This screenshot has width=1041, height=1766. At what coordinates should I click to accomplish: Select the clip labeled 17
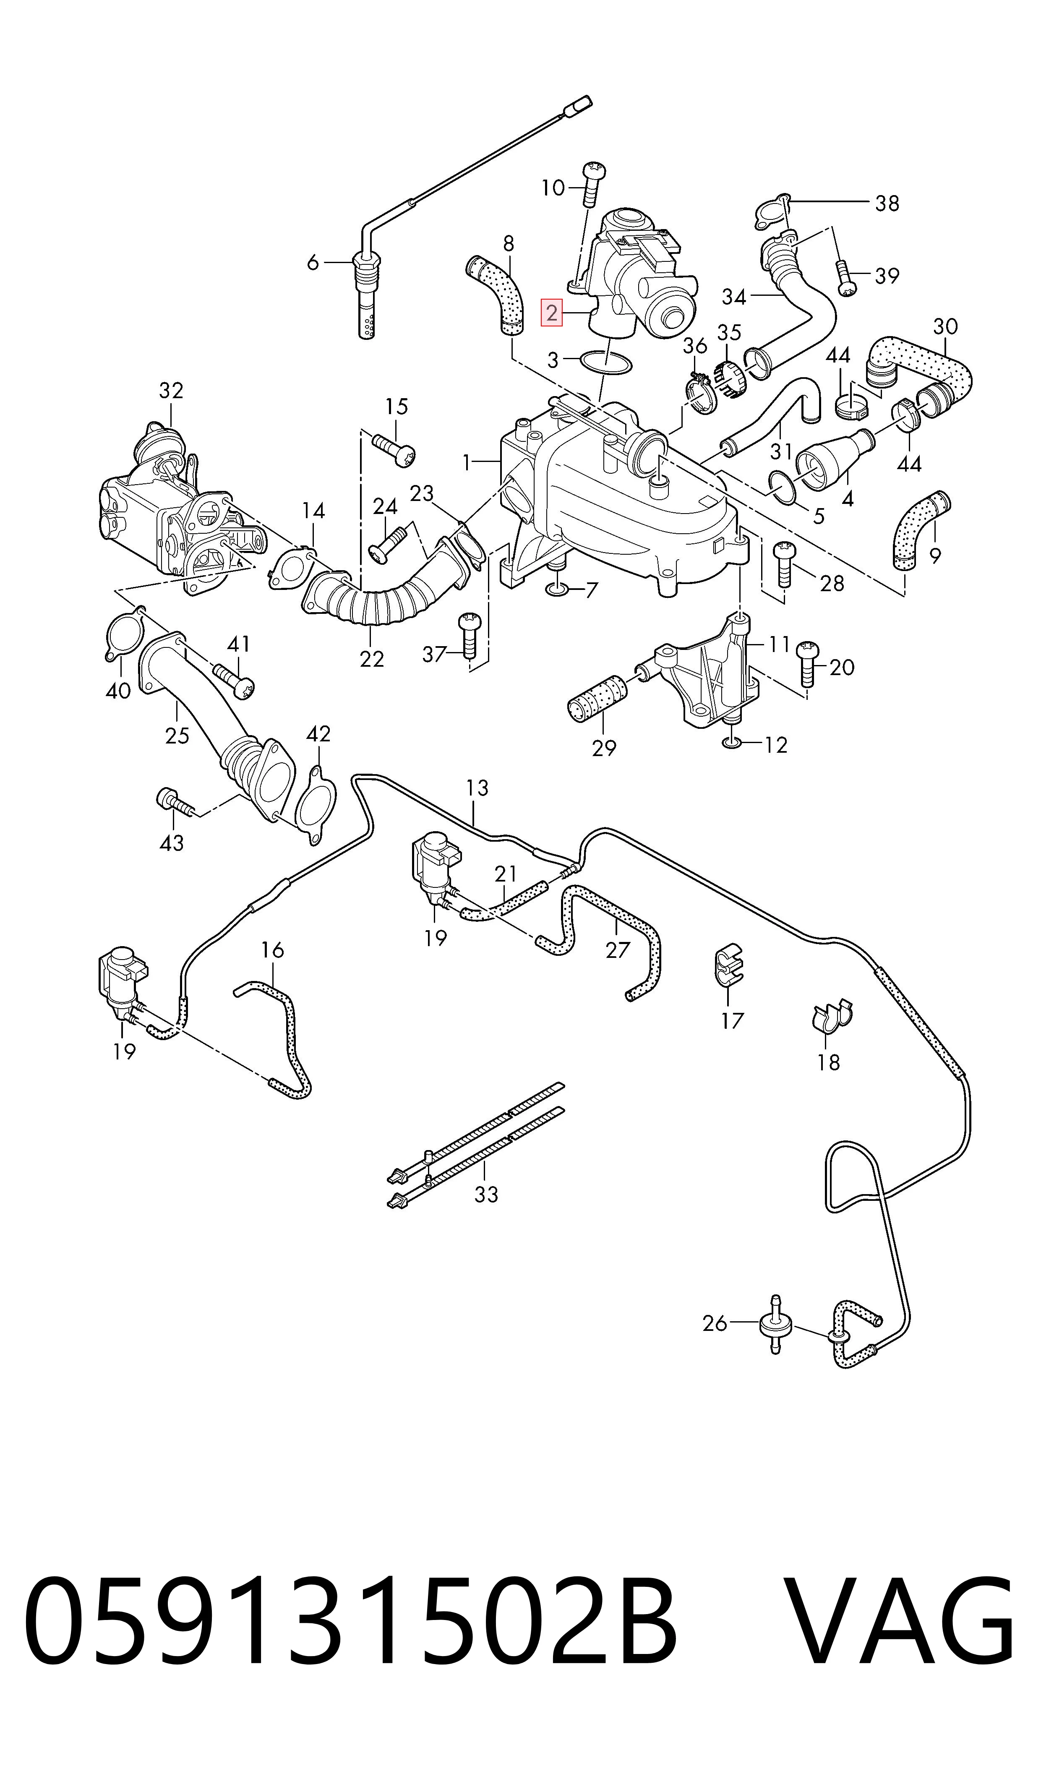(x=728, y=966)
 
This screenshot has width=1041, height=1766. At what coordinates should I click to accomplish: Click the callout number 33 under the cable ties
(x=485, y=1194)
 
